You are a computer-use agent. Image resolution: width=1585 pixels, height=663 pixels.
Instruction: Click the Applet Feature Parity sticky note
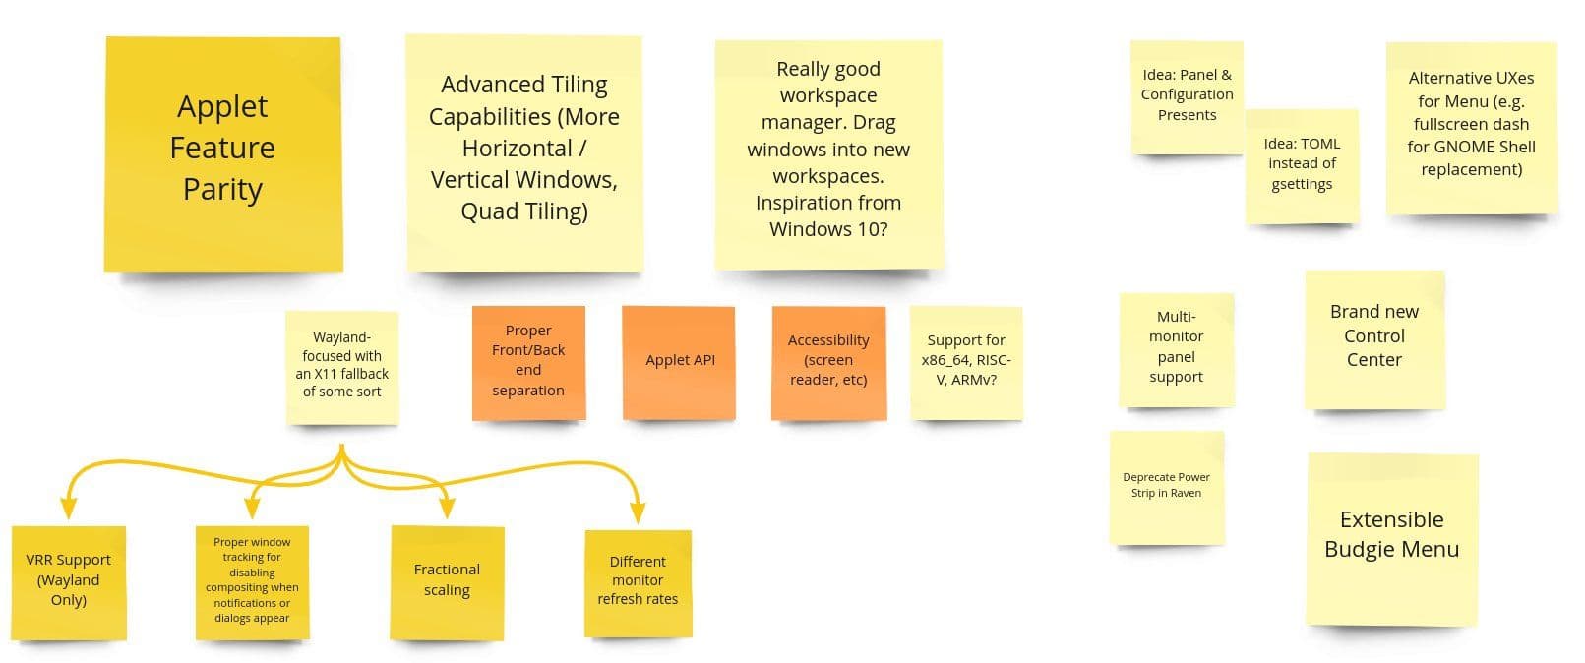pyautogui.click(x=223, y=154)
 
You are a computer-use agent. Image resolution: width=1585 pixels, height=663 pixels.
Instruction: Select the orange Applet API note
pyautogui.click(x=679, y=363)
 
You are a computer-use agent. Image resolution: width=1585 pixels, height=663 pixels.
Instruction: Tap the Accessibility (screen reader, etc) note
pyautogui.click(x=828, y=363)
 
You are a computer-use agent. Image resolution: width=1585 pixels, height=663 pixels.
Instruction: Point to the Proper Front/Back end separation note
pyautogui.click(x=528, y=363)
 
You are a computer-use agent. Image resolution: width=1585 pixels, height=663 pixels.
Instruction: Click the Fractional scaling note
pyautogui.click(x=448, y=583)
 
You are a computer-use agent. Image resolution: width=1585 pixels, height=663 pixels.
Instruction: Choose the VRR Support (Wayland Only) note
pyautogui.click(x=69, y=583)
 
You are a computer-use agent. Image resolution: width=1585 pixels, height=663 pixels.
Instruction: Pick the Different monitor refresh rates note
pyautogui.click(x=639, y=583)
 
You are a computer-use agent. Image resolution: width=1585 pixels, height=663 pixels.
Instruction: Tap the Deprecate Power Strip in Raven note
pyautogui.click(x=1167, y=488)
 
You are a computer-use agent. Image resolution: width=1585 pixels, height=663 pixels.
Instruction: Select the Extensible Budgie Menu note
pyautogui.click(x=1392, y=539)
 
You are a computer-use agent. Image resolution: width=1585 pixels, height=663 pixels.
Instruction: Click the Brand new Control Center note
pyautogui.click(x=1374, y=339)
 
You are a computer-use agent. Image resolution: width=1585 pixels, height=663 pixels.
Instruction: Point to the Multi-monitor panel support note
pyautogui.click(x=1177, y=350)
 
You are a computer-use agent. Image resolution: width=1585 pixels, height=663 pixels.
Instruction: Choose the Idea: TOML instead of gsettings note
pyautogui.click(x=1302, y=166)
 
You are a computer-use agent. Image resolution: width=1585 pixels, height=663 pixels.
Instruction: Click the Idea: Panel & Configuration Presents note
pyautogui.click(x=1188, y=97)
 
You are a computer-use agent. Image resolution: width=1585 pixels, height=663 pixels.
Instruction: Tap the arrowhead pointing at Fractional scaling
pyautogui.click(x=448, y=508)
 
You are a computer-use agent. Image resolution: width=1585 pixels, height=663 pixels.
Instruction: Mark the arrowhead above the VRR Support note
pyautogui.click(x=68, y=508)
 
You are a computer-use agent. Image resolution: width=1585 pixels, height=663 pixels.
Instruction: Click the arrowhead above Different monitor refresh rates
pyautogui.click(x=638, y=512)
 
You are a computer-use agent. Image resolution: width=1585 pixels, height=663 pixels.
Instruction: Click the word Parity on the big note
pyautogui.click(x=223, y=190)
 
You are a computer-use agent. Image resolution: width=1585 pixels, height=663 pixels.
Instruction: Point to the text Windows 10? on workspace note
pyautogui.click(x=828, y=229)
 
